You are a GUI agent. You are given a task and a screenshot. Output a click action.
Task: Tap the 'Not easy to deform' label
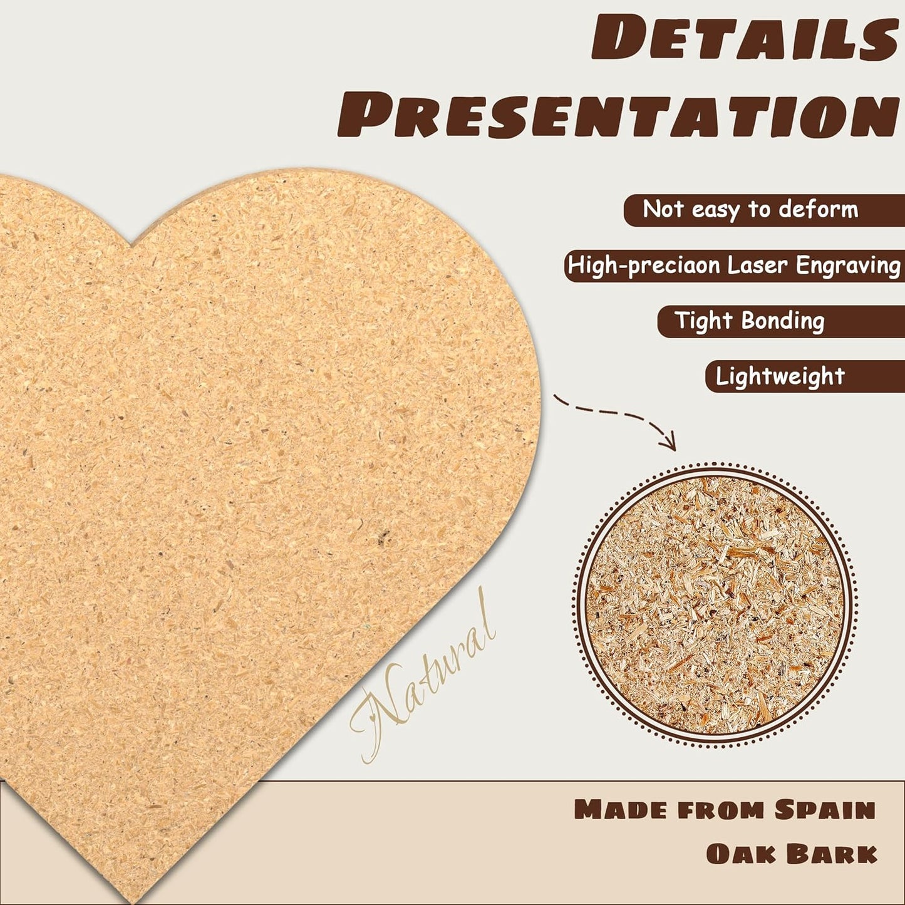click(x=750, y=210)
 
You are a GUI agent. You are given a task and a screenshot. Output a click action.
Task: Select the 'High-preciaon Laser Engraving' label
click(x=733, y=266)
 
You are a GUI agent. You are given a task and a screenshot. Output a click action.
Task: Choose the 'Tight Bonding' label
click(x=750, y=321)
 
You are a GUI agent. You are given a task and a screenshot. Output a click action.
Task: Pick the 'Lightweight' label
click(x=780, y=376)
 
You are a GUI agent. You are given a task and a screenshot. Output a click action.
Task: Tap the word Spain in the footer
click(x=825, y=810)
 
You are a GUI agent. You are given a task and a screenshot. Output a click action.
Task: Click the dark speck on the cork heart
click(x=383, y=536)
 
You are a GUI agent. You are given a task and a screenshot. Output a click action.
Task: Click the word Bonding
click(x=782, y=321)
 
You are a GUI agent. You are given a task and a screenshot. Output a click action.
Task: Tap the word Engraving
click(x=848, y=266)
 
